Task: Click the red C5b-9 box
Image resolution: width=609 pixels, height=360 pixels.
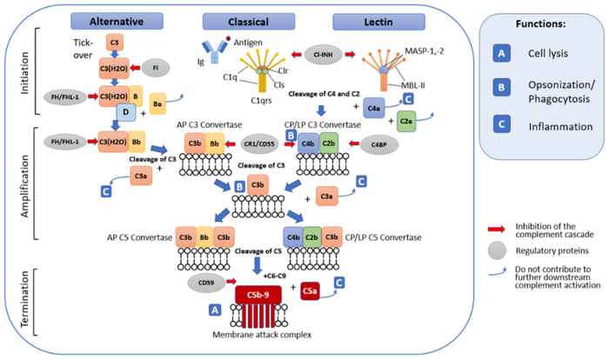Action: tap(260, 295)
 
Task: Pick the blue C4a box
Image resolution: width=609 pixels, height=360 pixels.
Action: tap(374, 108)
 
